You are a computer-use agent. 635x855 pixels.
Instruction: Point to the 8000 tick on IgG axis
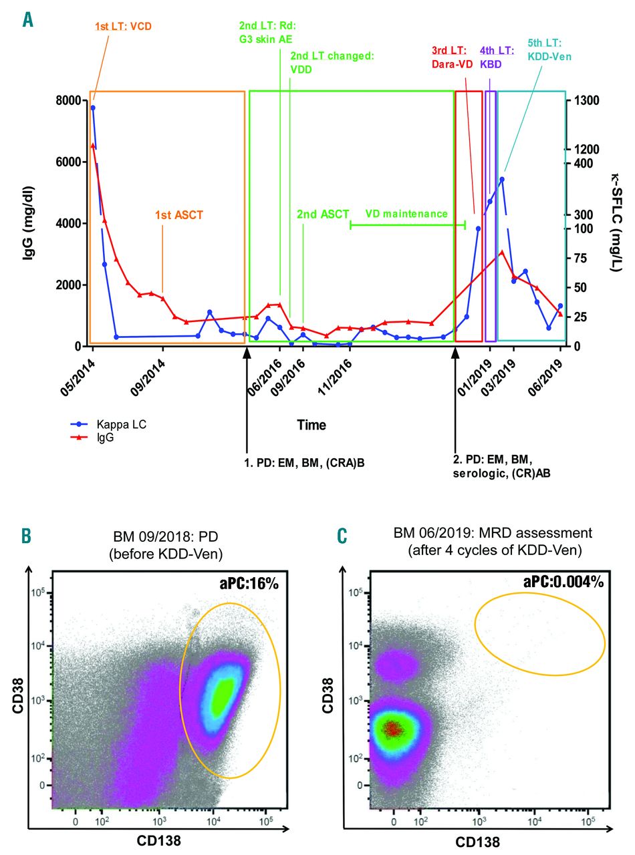pyautogui.click(x=68, y=101)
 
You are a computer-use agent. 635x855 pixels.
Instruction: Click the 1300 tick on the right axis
pyautogui.click(x=588, y=101)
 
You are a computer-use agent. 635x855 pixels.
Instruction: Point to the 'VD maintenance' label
pyautogui.click(x=406, y=214)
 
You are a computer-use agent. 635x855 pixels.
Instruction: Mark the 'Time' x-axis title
pyautogui.click(x=311, y=425)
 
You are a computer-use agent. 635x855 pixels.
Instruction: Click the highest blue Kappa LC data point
pyautogui.click(x=93, y=108)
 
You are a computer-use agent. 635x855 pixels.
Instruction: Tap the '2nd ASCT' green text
pyautogui.click(x=323, y=214)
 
